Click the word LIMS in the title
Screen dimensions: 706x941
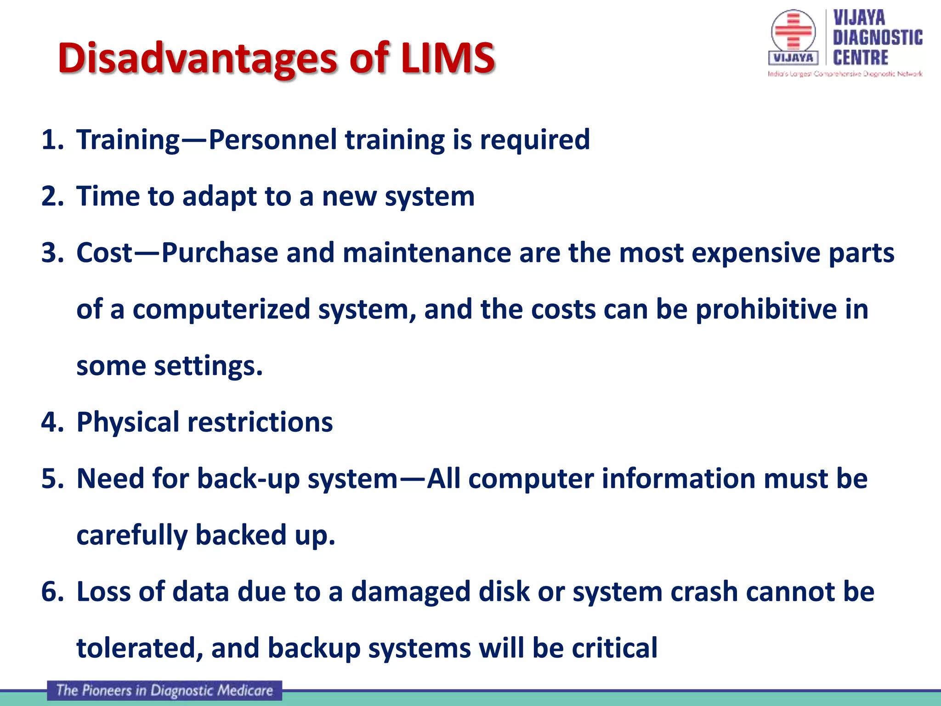(448, 58)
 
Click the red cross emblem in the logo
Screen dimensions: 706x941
(793, 31)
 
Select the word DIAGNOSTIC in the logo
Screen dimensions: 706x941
(878, 38)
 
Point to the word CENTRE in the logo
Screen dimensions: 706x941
(861, 58)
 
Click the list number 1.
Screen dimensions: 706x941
(51, 140)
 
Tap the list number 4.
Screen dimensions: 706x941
(51, 422)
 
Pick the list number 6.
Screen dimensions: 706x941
(51, 592)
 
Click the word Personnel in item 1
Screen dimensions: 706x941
(272, 140)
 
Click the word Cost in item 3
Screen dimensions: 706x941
(104, 253)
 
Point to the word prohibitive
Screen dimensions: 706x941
(766, 309)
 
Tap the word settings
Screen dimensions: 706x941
(208, 366)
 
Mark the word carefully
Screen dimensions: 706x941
(132, 535)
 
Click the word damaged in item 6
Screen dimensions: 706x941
(411, 592)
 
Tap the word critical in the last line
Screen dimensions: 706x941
(614, 648)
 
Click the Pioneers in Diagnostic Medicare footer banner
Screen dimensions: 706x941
(164, 690)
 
